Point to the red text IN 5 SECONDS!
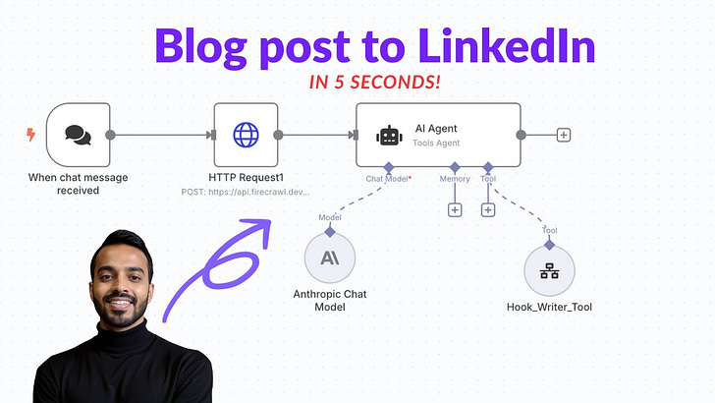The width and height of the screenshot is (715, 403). [x=374, y=83]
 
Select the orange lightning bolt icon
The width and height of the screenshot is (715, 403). [x=29, y=135]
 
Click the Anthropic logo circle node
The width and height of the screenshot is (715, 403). [x=330, y=259]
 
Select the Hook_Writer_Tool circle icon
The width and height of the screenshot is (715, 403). [x=550, y=271]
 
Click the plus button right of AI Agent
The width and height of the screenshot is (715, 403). [x=564, y=135]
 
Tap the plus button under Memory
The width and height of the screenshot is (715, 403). [x=455, y=209]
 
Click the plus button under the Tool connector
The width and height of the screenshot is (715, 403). [x=488, y=209]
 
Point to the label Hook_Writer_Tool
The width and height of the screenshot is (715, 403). [x=550, y=308]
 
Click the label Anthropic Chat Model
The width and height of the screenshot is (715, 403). [x=330, y=300]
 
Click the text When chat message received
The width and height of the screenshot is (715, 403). [x=78, y=183]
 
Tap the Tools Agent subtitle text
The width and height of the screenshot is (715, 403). [x=435, y=144]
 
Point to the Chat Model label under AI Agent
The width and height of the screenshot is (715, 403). [x=387, y=179]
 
